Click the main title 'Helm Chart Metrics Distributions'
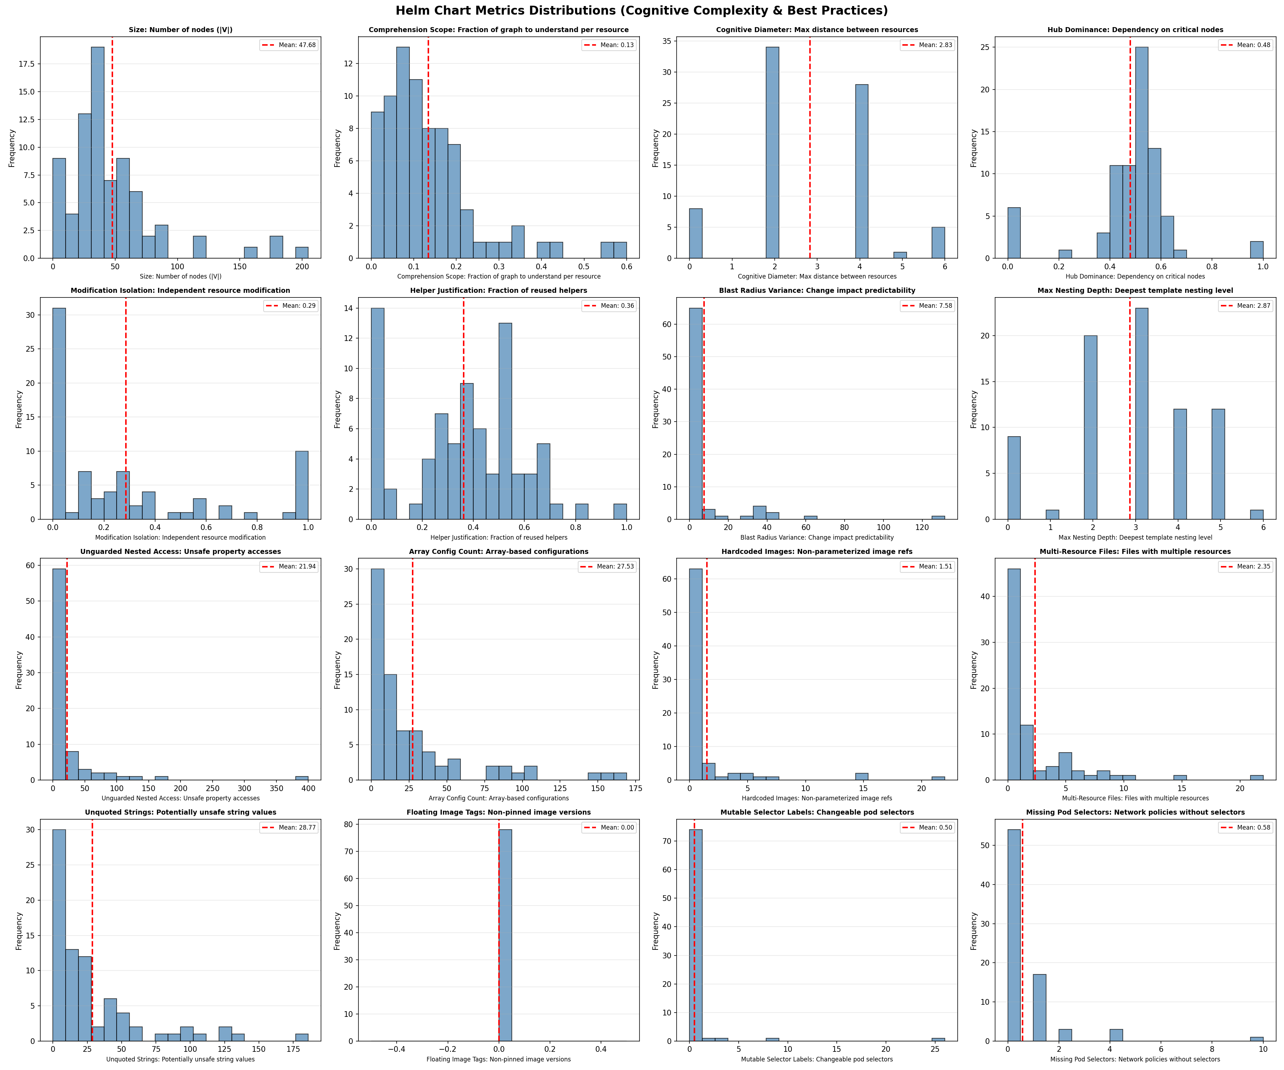pyautogui.click(x=641, y=11)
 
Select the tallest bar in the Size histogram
pyautogui.click(x=97, y=153)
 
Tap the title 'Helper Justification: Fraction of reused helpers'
pyautogui.click(x=498, y=290)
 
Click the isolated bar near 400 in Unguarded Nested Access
pyautogui.click(x=302, y=778)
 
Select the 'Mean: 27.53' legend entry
pyautogui.click(x=607, y=567)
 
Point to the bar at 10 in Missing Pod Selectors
pyautogui.click(x=1257, y=1038)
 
